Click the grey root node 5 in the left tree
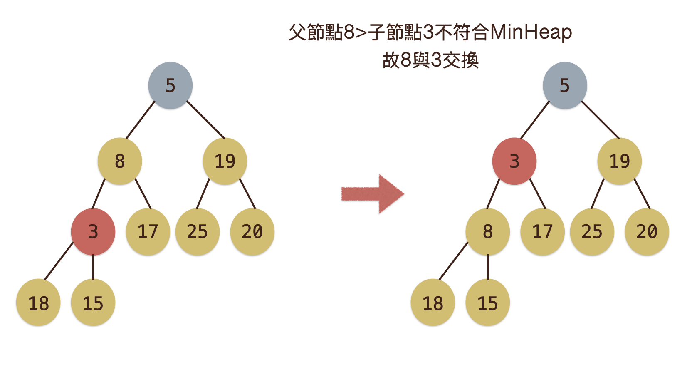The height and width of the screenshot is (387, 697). (170, 86)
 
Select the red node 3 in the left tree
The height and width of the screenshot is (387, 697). (93, 232)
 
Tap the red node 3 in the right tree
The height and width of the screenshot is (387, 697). (514, 161)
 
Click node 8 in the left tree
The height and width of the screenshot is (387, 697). (120, 161)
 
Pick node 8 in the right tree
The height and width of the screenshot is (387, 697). (487, 232)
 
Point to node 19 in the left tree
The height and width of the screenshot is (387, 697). (225, 161)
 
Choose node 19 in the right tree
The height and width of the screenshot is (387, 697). (619, 161)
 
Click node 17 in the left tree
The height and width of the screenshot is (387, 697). (148, 232)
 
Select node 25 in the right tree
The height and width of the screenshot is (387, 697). (592, 232)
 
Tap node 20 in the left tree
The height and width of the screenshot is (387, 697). (252, 232)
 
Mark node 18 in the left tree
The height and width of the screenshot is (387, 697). (38, 303)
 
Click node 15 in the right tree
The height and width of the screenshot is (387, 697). (487, 303)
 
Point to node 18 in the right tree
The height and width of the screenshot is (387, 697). (433, 303)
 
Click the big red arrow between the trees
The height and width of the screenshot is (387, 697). (372, 194)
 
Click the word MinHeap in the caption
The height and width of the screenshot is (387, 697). (531, 32)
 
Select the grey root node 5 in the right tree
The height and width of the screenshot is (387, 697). (565, 86)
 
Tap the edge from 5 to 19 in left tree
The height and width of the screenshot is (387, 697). (205, 119)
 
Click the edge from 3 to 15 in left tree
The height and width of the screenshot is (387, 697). (93, 267)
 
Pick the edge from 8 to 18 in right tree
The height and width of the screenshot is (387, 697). (453, 261)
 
